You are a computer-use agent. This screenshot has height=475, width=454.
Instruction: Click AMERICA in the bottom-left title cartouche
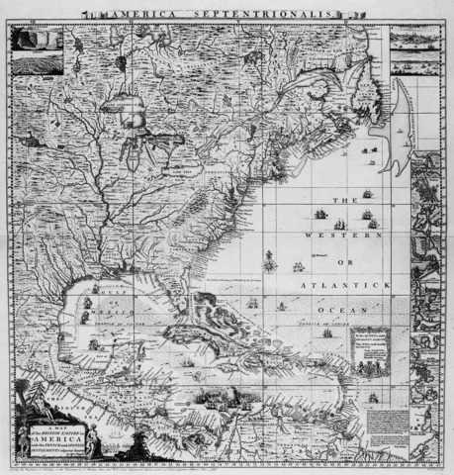pyautogui.click(x=45, y=444)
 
